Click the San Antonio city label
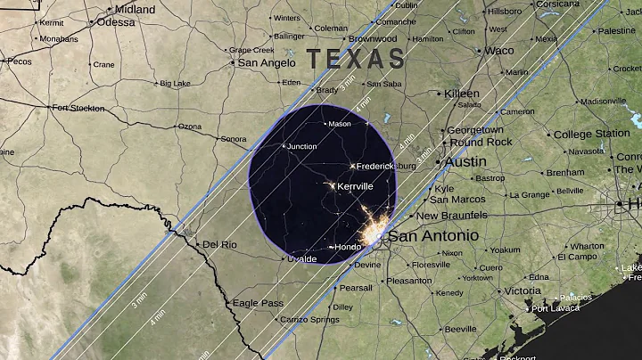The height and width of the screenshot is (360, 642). point(432,236)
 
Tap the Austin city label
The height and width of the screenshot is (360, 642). point(465,162)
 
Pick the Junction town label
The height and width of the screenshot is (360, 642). point(301,146)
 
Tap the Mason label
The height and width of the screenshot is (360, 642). point(340,124)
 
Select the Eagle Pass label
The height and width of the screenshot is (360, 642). point(257,303)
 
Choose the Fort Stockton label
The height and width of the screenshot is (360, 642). point(78,108)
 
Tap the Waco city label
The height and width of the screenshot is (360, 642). point(498,50)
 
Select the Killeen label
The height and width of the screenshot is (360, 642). point(462,94)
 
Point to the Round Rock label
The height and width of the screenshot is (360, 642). point(481,142)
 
